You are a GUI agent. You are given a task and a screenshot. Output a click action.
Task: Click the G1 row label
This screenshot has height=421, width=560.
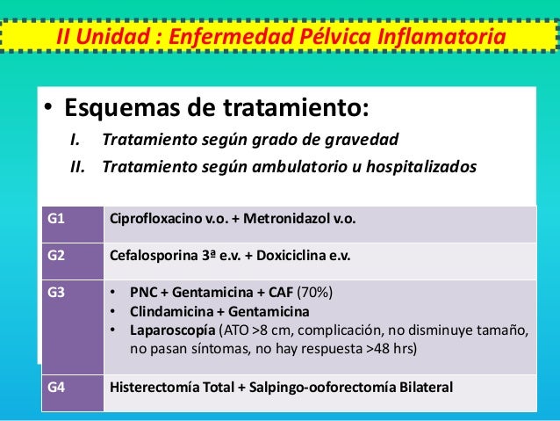pos(55,219)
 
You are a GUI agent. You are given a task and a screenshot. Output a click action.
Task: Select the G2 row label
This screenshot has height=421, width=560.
pos(55,258)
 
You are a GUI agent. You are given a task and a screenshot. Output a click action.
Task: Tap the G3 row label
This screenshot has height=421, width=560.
pos(55,292)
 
